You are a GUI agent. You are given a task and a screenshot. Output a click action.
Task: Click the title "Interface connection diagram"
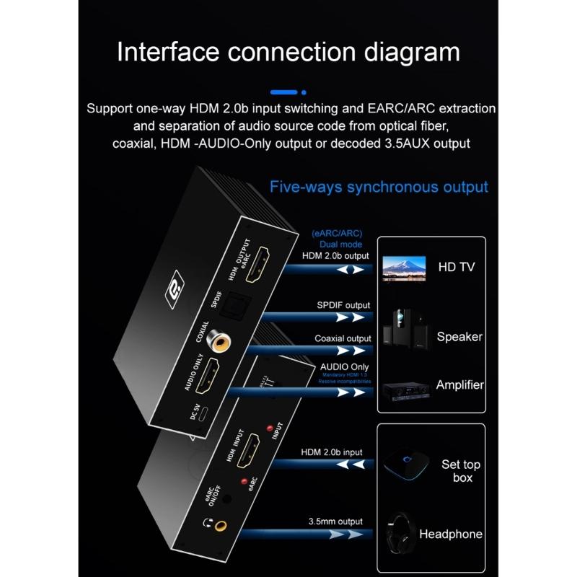(x=288, y=53)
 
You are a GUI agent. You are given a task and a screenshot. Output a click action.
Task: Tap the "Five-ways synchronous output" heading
(x=379, y=187)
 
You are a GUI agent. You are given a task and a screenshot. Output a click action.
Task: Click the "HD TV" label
(x=457, y=267)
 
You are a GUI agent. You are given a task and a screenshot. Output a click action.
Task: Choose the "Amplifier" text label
(x=459, y=384)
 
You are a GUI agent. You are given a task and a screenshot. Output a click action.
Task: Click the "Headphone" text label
(x=451, y=534)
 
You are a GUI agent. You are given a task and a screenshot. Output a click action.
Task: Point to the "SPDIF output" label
(x=343, y=305)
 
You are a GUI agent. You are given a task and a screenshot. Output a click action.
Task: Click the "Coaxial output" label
(x=343, y=338)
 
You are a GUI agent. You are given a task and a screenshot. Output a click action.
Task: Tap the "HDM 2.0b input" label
(x=332, y=452)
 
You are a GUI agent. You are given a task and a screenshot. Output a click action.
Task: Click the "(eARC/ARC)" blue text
(x=336, y=234)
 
